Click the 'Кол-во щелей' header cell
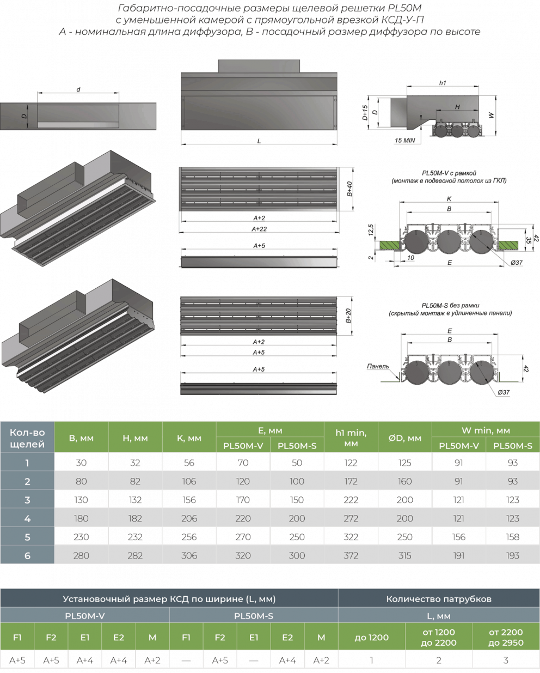(27, 438)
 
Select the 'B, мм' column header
(81, 438)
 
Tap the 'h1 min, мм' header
(351, 438)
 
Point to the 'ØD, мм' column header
(404, 438)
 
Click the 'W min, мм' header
(486, 431)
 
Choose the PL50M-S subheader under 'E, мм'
(297, 445)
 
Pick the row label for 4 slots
(27, 518)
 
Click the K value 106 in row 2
(189, 481)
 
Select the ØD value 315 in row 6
(404, 555)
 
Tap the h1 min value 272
(351, 518)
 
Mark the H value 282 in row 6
(135, 555)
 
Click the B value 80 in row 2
(81, 481)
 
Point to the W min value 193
(512, 555)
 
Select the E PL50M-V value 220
(243, 518)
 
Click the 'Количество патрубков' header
(439, 599)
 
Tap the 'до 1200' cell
(372, 637)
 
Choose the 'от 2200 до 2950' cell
(506, 637)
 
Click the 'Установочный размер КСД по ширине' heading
(169, 599)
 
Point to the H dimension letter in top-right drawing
(458, 107)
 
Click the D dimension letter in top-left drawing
(23, 116)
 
